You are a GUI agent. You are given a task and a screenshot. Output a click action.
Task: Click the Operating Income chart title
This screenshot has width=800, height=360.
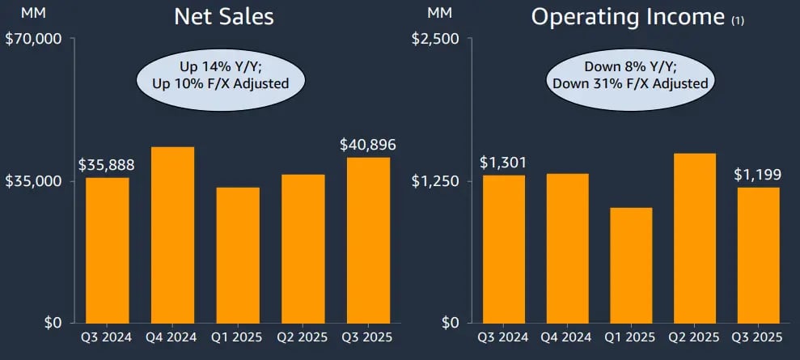coord(628,18)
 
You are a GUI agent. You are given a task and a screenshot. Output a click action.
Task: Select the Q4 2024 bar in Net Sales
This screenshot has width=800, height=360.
coord(172,235)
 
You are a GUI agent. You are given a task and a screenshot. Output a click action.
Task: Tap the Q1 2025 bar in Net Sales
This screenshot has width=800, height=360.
coord(238,255)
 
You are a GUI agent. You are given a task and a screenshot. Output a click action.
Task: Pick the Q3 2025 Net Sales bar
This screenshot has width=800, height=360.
coord(368,239)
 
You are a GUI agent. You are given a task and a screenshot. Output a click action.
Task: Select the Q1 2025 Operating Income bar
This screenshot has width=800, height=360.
coord(630,265)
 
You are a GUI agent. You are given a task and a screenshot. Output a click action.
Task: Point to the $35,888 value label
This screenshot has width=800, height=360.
coord(106,164)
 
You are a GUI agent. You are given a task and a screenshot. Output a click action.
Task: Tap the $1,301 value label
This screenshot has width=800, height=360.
coord(502,163)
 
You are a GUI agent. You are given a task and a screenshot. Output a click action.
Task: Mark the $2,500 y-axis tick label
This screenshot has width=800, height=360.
coord(437,39)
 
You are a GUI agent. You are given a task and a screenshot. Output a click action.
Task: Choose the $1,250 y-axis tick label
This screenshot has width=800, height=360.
coord(437,180)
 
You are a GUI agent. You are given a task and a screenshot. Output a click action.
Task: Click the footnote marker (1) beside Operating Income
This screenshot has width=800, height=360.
coord(738,22)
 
